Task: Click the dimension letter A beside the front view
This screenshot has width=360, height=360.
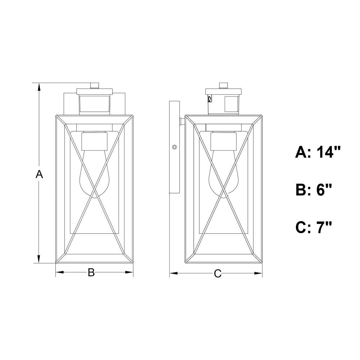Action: coord(39,174)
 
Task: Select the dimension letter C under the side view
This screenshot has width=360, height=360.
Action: coord(217,274)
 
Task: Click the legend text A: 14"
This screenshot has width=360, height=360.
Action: coord(318,152)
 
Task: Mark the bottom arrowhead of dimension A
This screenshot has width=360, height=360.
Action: coord(39,258)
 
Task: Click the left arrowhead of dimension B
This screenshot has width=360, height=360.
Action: coord(60,272)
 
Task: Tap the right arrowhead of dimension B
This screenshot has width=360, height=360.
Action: coord(129,272)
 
